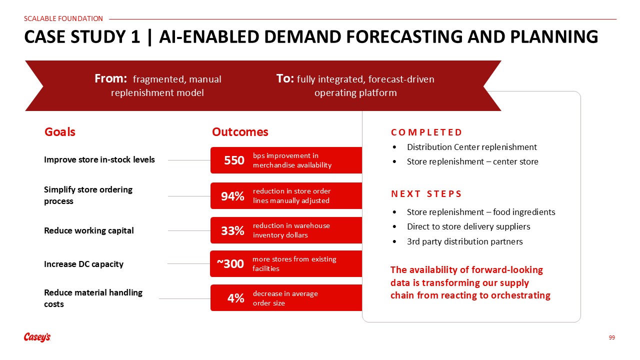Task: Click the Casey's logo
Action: pos(37,337)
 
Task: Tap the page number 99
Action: pos(611,337)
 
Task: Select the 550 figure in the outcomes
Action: pos(234,160)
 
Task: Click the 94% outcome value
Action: pos(232,196)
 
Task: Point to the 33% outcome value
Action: pos(232,230)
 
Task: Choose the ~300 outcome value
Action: pos(230,263)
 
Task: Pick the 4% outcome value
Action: pos(235,298)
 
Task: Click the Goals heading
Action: pos(60,132)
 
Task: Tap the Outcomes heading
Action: pos(240,132)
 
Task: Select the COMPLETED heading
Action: pos(426,132)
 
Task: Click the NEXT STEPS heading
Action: pos(426,193)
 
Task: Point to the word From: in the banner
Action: pos(111,78)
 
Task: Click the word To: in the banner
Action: pos(285,78)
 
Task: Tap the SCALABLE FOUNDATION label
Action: pos(63,18)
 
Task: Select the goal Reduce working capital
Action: pos(89,230)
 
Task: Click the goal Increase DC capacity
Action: pos(83,264)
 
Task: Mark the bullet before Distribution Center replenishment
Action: pos(394,147)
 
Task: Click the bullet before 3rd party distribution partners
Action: pos(394,241)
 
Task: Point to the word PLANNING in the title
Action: pos(554,37)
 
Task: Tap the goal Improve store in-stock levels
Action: pos(99,159)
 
